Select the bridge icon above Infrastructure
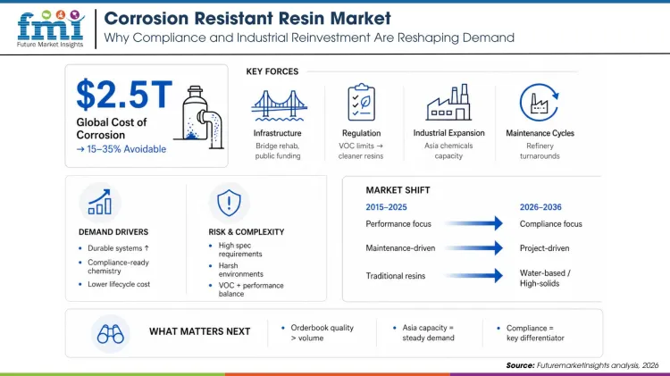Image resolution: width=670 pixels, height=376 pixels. pos(276,105)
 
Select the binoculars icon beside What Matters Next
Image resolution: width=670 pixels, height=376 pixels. pos(111,332)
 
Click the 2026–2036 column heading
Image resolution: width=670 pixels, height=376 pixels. pos(540,207)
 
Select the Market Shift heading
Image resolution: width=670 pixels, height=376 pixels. pos(398,190)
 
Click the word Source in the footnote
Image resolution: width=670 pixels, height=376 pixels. pos(519,365)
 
